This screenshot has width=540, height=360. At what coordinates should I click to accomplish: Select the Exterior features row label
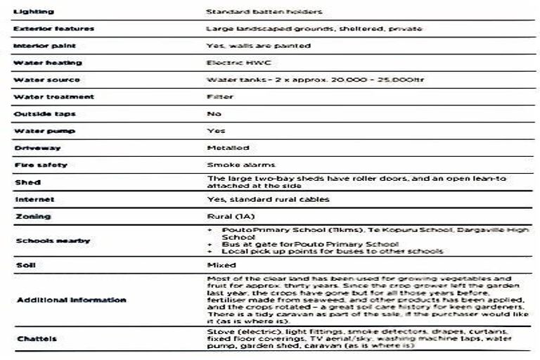point(54,29)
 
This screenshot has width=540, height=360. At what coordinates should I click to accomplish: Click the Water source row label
point(46,79)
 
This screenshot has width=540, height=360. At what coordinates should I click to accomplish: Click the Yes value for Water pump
point(216,131)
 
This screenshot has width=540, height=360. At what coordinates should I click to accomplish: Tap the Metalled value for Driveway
point(228,148)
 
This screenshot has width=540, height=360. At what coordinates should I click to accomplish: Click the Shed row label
point(27,182)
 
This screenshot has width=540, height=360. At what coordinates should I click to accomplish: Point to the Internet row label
point(34,200)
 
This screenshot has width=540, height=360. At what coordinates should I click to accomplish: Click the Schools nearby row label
point(52,240)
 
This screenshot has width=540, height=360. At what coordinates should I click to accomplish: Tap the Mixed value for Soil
point(221,265)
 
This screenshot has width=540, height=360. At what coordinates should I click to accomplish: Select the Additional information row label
point(71,300)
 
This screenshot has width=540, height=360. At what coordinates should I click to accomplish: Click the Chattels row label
point(36,338)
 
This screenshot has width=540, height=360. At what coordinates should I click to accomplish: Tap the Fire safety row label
point(41,165)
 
